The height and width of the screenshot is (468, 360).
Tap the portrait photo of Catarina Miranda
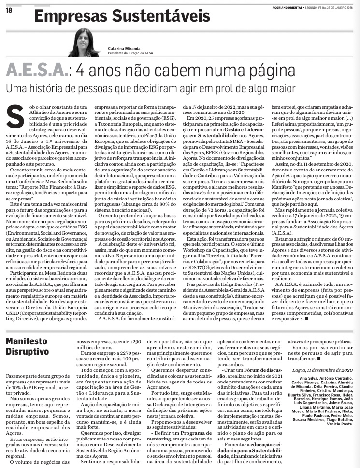pyautogui.click(x=84, y=43)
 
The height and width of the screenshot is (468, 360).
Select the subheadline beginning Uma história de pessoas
pyautogui.click(x=150, y=89)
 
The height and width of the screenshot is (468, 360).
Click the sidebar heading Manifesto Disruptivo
pyautogui.click(x=28, y=346)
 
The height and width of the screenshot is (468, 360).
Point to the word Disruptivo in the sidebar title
pyautogui.click(x=28, y=352)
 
